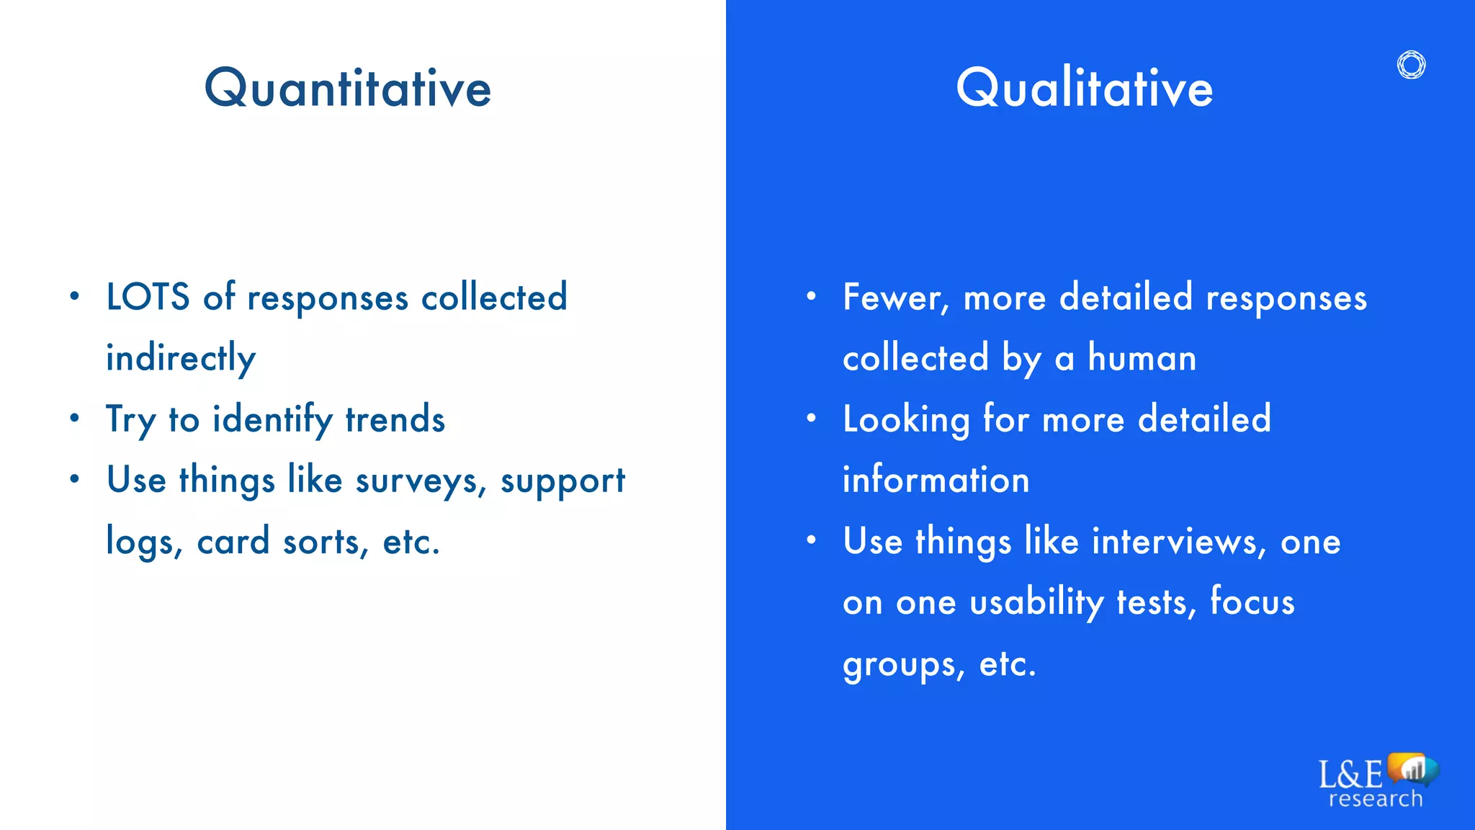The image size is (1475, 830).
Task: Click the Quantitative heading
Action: click(348, 88)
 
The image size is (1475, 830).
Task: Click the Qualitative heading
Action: click(1084, 88)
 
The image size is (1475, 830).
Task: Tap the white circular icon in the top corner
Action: click(1411, 65)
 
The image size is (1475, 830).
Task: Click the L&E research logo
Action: click(1376, 782)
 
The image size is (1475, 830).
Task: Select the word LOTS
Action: click(148, 297)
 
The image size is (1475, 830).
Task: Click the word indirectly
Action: click(181, 358)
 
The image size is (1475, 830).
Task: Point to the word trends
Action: click(395, 419)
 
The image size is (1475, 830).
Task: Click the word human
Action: click(1142, 358)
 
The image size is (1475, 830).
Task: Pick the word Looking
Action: click(906, 420)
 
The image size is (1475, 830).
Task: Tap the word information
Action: click(936, 480)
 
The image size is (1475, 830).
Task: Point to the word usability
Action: click(1036, 602)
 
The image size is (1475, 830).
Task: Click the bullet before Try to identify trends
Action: click(75, 418)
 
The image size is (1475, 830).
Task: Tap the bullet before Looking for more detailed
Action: click(812, 418)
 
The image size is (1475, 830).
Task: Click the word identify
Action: click(273, 420)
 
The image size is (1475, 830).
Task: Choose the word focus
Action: click(1252, 602)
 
